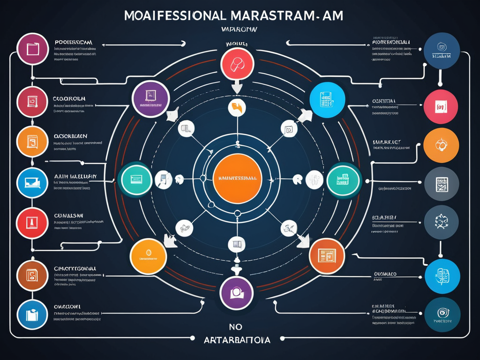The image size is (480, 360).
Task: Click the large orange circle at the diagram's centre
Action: pyautogui.click(x=237, y=179)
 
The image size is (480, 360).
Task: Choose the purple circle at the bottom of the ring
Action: pyautogui.click(x=236, y=292)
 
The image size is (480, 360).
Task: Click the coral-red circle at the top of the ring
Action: pyautogui.click(x=237, y=64)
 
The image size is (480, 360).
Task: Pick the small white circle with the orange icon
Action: pyautogui.click(x=237, y=107)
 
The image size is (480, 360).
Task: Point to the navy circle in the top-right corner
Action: pyautogui.click(x=441, y=51)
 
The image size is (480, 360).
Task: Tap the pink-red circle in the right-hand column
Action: pyautogui.click(x=441, y=107)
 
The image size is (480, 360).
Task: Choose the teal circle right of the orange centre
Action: pyautogui.click(x=344, y=180)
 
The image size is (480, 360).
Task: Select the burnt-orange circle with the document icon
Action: pyautogui.click(x=327, y=255)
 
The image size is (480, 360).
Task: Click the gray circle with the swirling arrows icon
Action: pyautogui.click(x=441, y=222)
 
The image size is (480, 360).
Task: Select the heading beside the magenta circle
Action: pyautogui.click(x=73, y=42)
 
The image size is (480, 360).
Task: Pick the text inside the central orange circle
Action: pyautogui.click(x=237, y=179)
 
